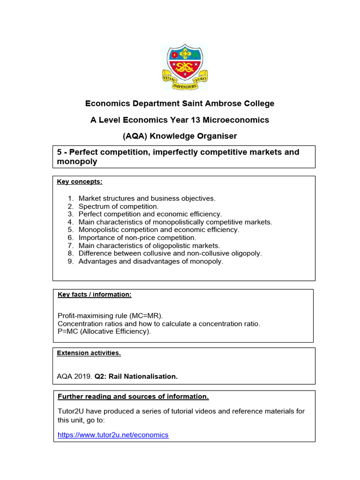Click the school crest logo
[185, 67]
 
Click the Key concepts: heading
[80, 181]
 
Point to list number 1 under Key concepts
[71, 198]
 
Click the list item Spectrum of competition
[119, 206]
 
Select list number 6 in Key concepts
[71, 238]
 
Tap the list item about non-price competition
[137, 238]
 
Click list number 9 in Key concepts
[71, 261]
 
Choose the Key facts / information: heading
[95, 294]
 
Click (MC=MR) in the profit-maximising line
[146, 315]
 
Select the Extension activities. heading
[89, 353]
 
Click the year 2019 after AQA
[83, 376]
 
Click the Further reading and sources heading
[133, 397]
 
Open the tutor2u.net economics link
[113, 435]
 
